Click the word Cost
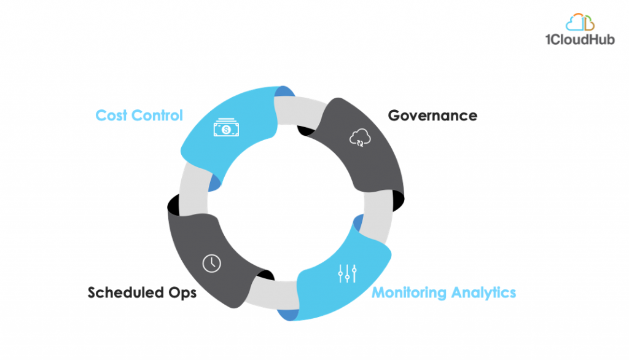tap(111, 115)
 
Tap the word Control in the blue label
tap(157, 115)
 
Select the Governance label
tap(432, 115)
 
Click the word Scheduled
tap(125, 292)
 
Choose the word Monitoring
tap(408, 292)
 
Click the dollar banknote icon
tap(226, 127)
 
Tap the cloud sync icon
tap(360, 137)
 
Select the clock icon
tap(211, 264)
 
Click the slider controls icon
tap(348, 273)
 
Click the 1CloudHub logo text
tap(580, 39)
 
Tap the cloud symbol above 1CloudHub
tap(580, 22)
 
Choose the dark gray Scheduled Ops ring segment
tap(209, 257)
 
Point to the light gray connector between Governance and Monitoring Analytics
tap(378, 217)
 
